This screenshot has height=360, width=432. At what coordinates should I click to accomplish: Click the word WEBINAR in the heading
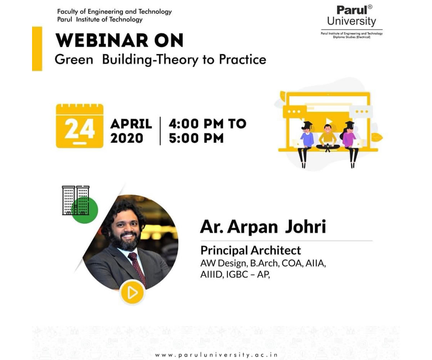click(102, 40)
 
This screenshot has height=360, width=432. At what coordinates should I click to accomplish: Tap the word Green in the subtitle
click(74, 60)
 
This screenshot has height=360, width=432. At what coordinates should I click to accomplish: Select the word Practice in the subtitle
click(243, 60)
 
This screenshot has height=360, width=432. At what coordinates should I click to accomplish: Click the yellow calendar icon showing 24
click(80, 126)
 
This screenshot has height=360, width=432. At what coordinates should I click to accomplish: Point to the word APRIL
click(131, 124)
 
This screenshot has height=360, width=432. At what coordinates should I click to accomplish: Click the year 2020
click(127, 138)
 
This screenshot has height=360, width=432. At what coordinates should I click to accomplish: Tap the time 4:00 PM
click(196, 124)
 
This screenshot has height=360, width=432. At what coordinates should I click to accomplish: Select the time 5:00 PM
click(196, 138)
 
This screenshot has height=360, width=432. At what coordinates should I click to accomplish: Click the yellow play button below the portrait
click(132, 293)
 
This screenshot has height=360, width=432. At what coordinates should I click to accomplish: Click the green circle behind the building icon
click(85, 210)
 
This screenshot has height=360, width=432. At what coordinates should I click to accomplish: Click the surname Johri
click(305, 227)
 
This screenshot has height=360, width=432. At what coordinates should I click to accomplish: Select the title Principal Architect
click(251, 251)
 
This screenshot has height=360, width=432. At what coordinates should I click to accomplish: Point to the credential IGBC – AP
click(248, 275)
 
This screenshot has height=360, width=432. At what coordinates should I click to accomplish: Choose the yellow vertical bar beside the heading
click(37, 49)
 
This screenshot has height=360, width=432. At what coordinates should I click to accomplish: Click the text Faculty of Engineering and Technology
click(114, 12)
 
